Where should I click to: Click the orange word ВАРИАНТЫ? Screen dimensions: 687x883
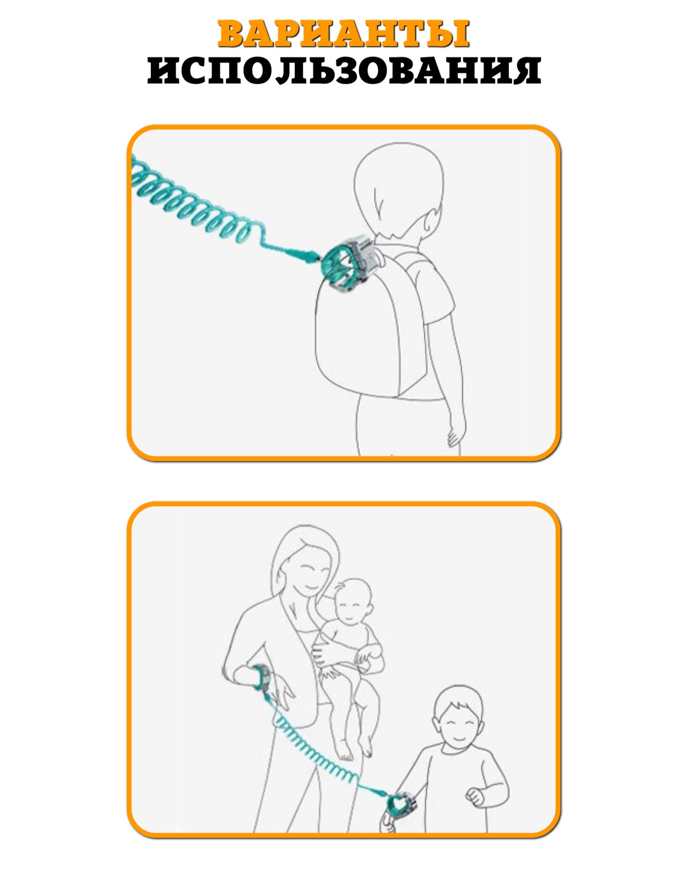tap(343, 34)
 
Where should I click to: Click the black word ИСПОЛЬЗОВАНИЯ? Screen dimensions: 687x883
tap(344, 70)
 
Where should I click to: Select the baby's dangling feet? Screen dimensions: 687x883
tap(354, 748)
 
